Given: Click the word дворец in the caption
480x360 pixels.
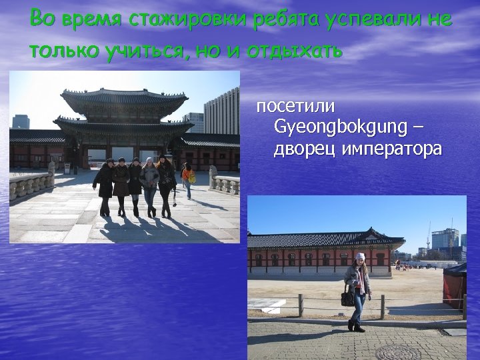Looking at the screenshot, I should [x=304, y=148].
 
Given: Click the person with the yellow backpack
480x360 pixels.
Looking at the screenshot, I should [x=188, y=179].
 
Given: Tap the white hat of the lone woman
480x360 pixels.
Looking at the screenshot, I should [x=360, y=257].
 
